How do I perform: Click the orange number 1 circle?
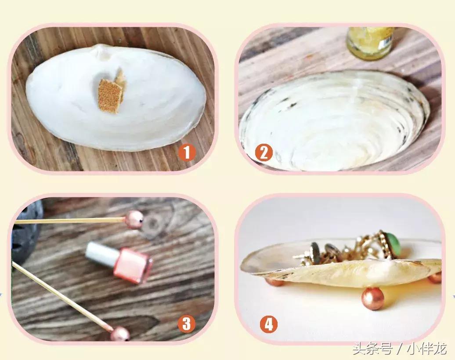tap(187, 153)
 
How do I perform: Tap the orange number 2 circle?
tap(264, 153)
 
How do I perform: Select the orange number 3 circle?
tap(186, 324)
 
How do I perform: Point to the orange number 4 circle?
tap(268, 325)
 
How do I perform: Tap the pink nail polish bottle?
tap(132, 265)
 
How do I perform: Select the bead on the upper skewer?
tap(134, 219)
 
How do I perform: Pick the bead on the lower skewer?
tap(120, 334)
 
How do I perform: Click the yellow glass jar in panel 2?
tap(370, 42)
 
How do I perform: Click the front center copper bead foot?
tap(373, 299)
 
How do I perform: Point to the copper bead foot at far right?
tap(435, 277)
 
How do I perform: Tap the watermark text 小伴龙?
tap(426, 350)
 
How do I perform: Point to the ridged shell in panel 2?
tap(334, 121)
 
